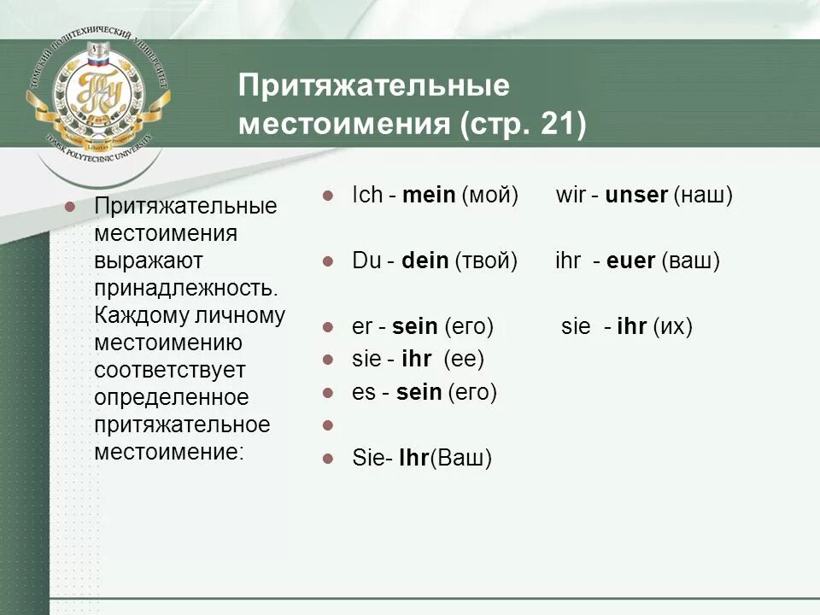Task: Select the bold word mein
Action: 429,196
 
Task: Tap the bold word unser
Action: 635,196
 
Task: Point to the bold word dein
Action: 425,261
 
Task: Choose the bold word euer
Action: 630,261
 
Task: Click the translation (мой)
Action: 490,196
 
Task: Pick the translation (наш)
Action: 703,196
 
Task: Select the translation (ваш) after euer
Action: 690,261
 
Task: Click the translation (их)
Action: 672,326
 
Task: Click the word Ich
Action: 367,196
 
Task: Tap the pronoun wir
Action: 570,196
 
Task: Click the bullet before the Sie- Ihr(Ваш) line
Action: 327,458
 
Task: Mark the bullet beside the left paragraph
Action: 71,207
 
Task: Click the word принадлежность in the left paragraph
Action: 185,286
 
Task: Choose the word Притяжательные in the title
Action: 373,86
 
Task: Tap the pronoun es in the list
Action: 363,393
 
